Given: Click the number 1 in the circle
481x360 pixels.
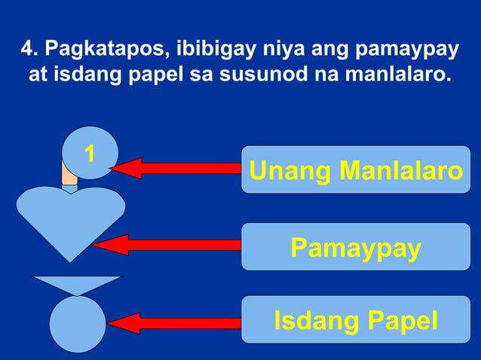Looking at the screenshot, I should (x=90, y=155).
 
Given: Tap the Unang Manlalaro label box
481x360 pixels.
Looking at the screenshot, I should (x=356, y=170).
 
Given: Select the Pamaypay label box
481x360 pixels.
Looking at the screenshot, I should (x=356, y=247).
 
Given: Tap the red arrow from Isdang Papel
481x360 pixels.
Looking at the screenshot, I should (x=173, y=323).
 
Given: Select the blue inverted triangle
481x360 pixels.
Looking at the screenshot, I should (x=75, y=285).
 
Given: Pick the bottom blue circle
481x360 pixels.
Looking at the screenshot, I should (x=78, y=324).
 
